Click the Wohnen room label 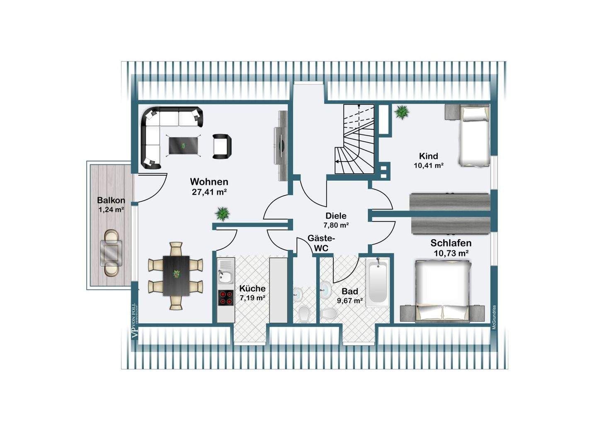pos(209,182)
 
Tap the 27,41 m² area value pos(209,192)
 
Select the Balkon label pos(111,200)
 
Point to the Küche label pos(252,289)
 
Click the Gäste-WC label pos(321,243)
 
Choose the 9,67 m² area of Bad pos(350,301)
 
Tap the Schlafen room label pos(451,243)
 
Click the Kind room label pos(428,156)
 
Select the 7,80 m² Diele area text pos(336,226)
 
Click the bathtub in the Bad pos(378,282)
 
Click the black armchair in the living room pos(222,146)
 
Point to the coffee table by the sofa pos(183,146)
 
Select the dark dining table pos(176,275)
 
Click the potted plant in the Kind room pos(401,112)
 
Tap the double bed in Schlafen pos(443,290)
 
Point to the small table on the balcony pos(111,252)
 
